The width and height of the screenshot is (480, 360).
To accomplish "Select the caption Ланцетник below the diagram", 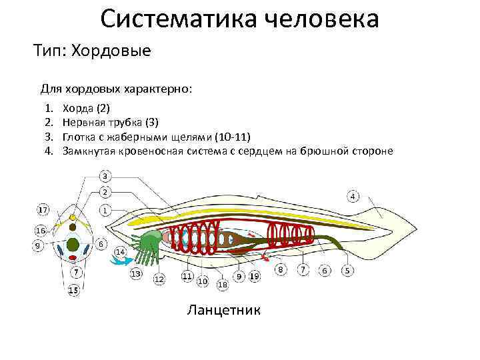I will [x=224, y=310].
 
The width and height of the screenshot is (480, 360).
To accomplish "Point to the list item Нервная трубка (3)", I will [x=110, y=122].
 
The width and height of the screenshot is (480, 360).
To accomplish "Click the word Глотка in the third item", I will [x=79, y=137].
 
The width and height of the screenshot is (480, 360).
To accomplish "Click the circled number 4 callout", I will [x=353, y=196].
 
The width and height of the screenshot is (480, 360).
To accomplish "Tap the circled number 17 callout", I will [x=43, y=210].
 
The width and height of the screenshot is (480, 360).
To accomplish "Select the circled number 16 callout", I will [x=40, y=230].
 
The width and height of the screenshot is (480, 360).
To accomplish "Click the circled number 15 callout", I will [x=73, y=290].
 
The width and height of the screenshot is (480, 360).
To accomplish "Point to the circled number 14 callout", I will [x=121, y=252].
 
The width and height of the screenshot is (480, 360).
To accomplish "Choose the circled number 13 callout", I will [x=136, y=273].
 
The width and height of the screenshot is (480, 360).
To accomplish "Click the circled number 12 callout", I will [x=159, y=279].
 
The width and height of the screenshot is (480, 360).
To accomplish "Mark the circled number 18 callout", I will [x=222, y=284].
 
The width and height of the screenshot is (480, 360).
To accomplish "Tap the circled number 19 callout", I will [x=254, y=276].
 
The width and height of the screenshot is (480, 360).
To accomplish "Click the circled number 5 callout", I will [x=347, y=271].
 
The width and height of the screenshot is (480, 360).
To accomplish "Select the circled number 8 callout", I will [x=281, y=269].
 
